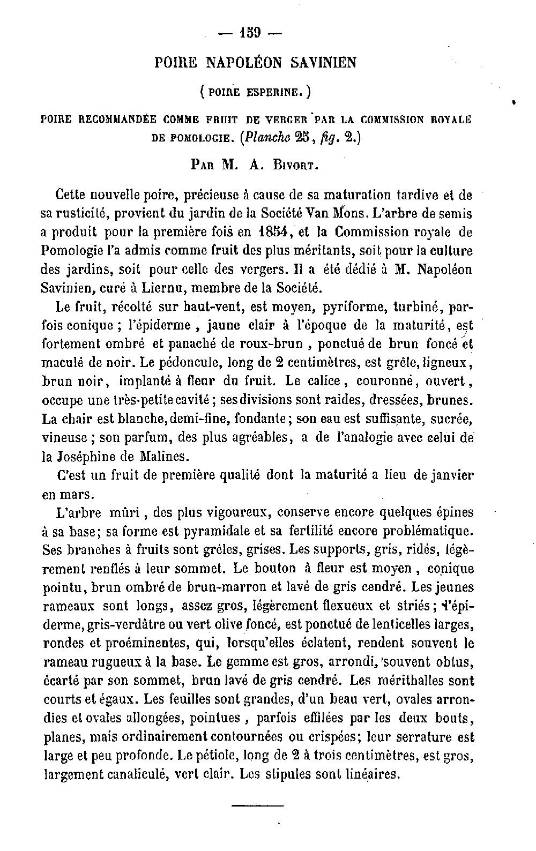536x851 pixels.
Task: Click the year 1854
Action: tap(272, 232)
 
